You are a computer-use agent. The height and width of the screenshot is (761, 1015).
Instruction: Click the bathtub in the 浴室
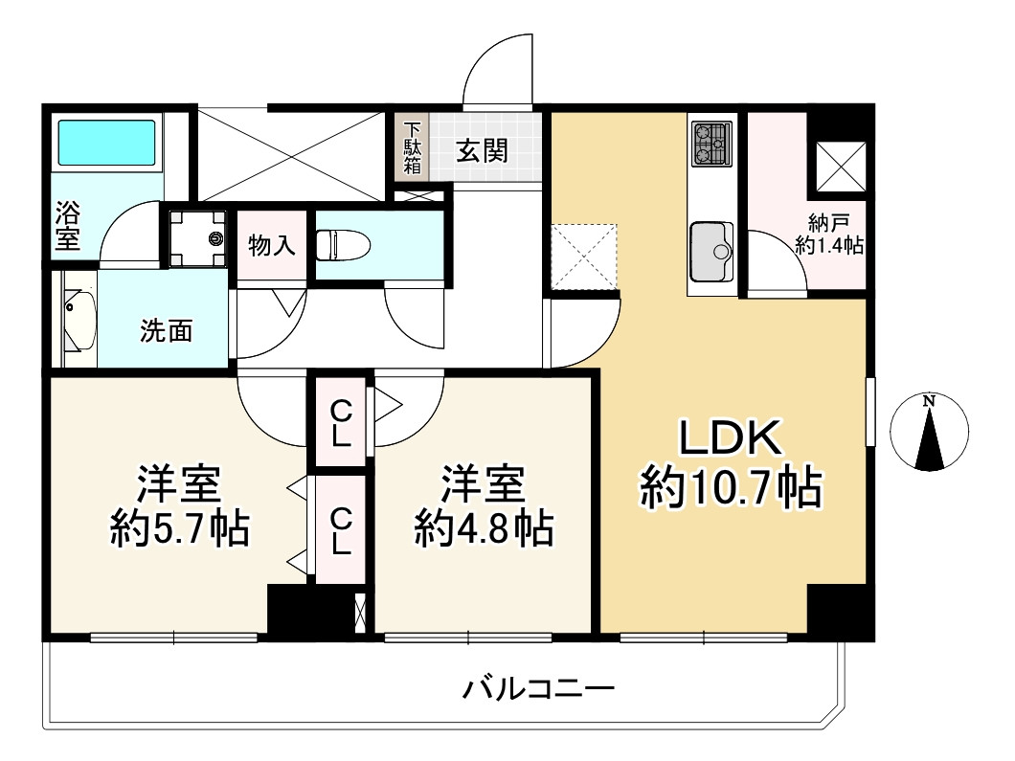107,143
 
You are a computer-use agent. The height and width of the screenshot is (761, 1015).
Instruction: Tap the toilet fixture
343,244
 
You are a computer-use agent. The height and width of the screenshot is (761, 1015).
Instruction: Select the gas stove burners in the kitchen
710,144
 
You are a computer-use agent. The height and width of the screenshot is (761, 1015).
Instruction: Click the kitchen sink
710,251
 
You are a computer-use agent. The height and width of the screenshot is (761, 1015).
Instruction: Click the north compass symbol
929,433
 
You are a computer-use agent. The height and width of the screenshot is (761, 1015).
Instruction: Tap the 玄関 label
482,149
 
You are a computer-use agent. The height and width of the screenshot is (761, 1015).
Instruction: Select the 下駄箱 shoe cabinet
412,146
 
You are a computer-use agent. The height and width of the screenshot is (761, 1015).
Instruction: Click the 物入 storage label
271,245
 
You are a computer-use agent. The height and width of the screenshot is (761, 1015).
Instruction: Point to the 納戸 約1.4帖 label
828,235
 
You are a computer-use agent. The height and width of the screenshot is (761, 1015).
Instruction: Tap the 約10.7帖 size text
730,489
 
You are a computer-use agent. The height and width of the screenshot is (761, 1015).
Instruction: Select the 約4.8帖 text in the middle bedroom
484,527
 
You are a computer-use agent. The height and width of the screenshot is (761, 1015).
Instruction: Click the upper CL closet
341,424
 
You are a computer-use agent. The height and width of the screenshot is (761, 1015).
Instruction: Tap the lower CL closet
341,530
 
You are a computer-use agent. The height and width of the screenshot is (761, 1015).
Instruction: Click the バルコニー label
538,688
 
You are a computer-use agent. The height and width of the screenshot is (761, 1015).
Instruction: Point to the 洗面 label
167,331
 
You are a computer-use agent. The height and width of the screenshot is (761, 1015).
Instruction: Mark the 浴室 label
67,224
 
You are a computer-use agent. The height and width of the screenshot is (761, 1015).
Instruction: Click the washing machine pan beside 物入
197,237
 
